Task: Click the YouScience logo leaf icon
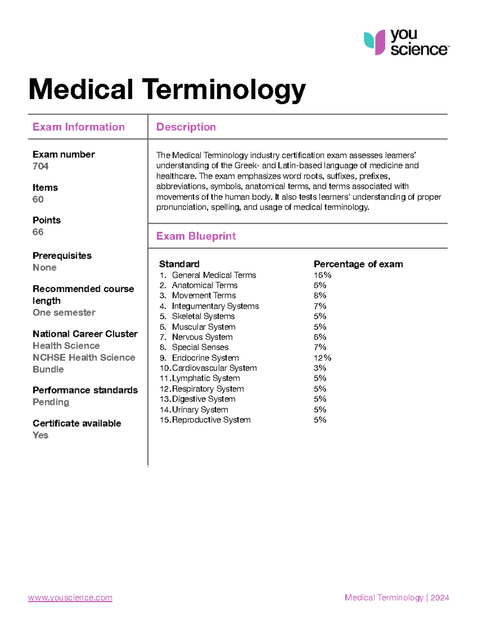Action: [x=374, y=42]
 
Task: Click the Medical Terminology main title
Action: [x=167, y=89]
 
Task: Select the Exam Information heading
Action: [x=78, y=127]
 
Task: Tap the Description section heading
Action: [x=186, y=127]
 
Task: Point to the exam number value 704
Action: [x=41, y=166]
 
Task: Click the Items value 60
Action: [x=38, y=199]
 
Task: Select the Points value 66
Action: [x=38, y=232]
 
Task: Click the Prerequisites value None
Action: [x=45, y=267]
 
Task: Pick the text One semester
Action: [x=64, y=312]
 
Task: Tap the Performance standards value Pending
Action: [x=51, y=402]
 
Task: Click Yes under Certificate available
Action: [x=41, y=435]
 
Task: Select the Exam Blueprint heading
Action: [x=196, y=236]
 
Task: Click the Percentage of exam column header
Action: [x=358, y=264]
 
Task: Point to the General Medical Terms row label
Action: [x=214, y=275]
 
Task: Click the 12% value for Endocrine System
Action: [x=322, y=358]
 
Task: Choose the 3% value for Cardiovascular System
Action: [x=320, y=368]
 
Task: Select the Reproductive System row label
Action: [x=211, y=420]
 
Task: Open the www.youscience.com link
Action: [x=70, y=597]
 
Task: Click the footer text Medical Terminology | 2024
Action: [x=397, y=597]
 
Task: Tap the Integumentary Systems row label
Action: [x=215, y=306]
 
